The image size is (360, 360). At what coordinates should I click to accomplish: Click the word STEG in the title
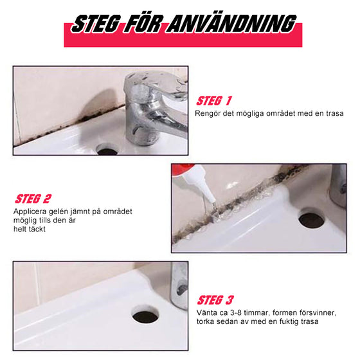tap(96, 24)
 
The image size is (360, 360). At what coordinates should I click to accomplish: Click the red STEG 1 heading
tap(214, 101)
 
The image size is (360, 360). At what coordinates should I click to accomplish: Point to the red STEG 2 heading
tap(33, 199)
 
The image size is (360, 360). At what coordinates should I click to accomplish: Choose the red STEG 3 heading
tap(215, 300)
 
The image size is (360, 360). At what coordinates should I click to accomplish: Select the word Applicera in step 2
tap(30, 212)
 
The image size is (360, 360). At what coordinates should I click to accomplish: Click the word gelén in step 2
tap(58, 212)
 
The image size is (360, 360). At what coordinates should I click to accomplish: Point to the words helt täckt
tap(30, 229)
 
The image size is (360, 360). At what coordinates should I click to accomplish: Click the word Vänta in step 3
tap(206, 312)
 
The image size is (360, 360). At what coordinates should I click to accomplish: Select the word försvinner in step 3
tap(318, 313)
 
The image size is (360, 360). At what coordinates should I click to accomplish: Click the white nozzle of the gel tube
tap(202, 186)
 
